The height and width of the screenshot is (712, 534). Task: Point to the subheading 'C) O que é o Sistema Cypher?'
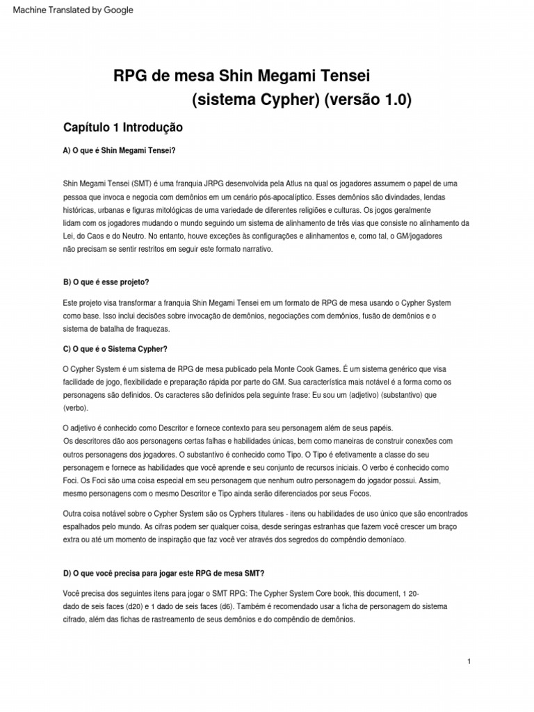point(115,348)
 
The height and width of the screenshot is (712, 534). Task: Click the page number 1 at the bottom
point(470,661)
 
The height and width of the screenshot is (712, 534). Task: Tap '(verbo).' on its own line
point(76,409)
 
